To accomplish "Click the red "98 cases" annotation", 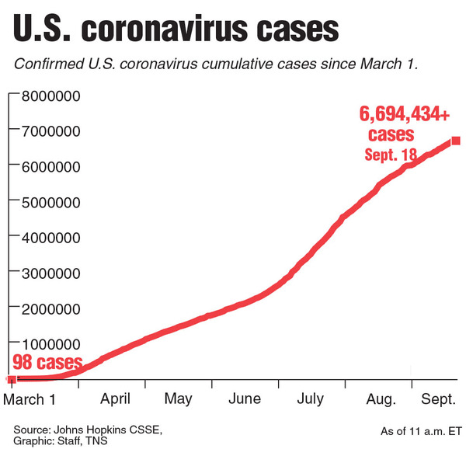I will (x=46, y=363).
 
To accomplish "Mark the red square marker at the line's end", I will (x=455, y=141).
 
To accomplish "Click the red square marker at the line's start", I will (x=11, y=378).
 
